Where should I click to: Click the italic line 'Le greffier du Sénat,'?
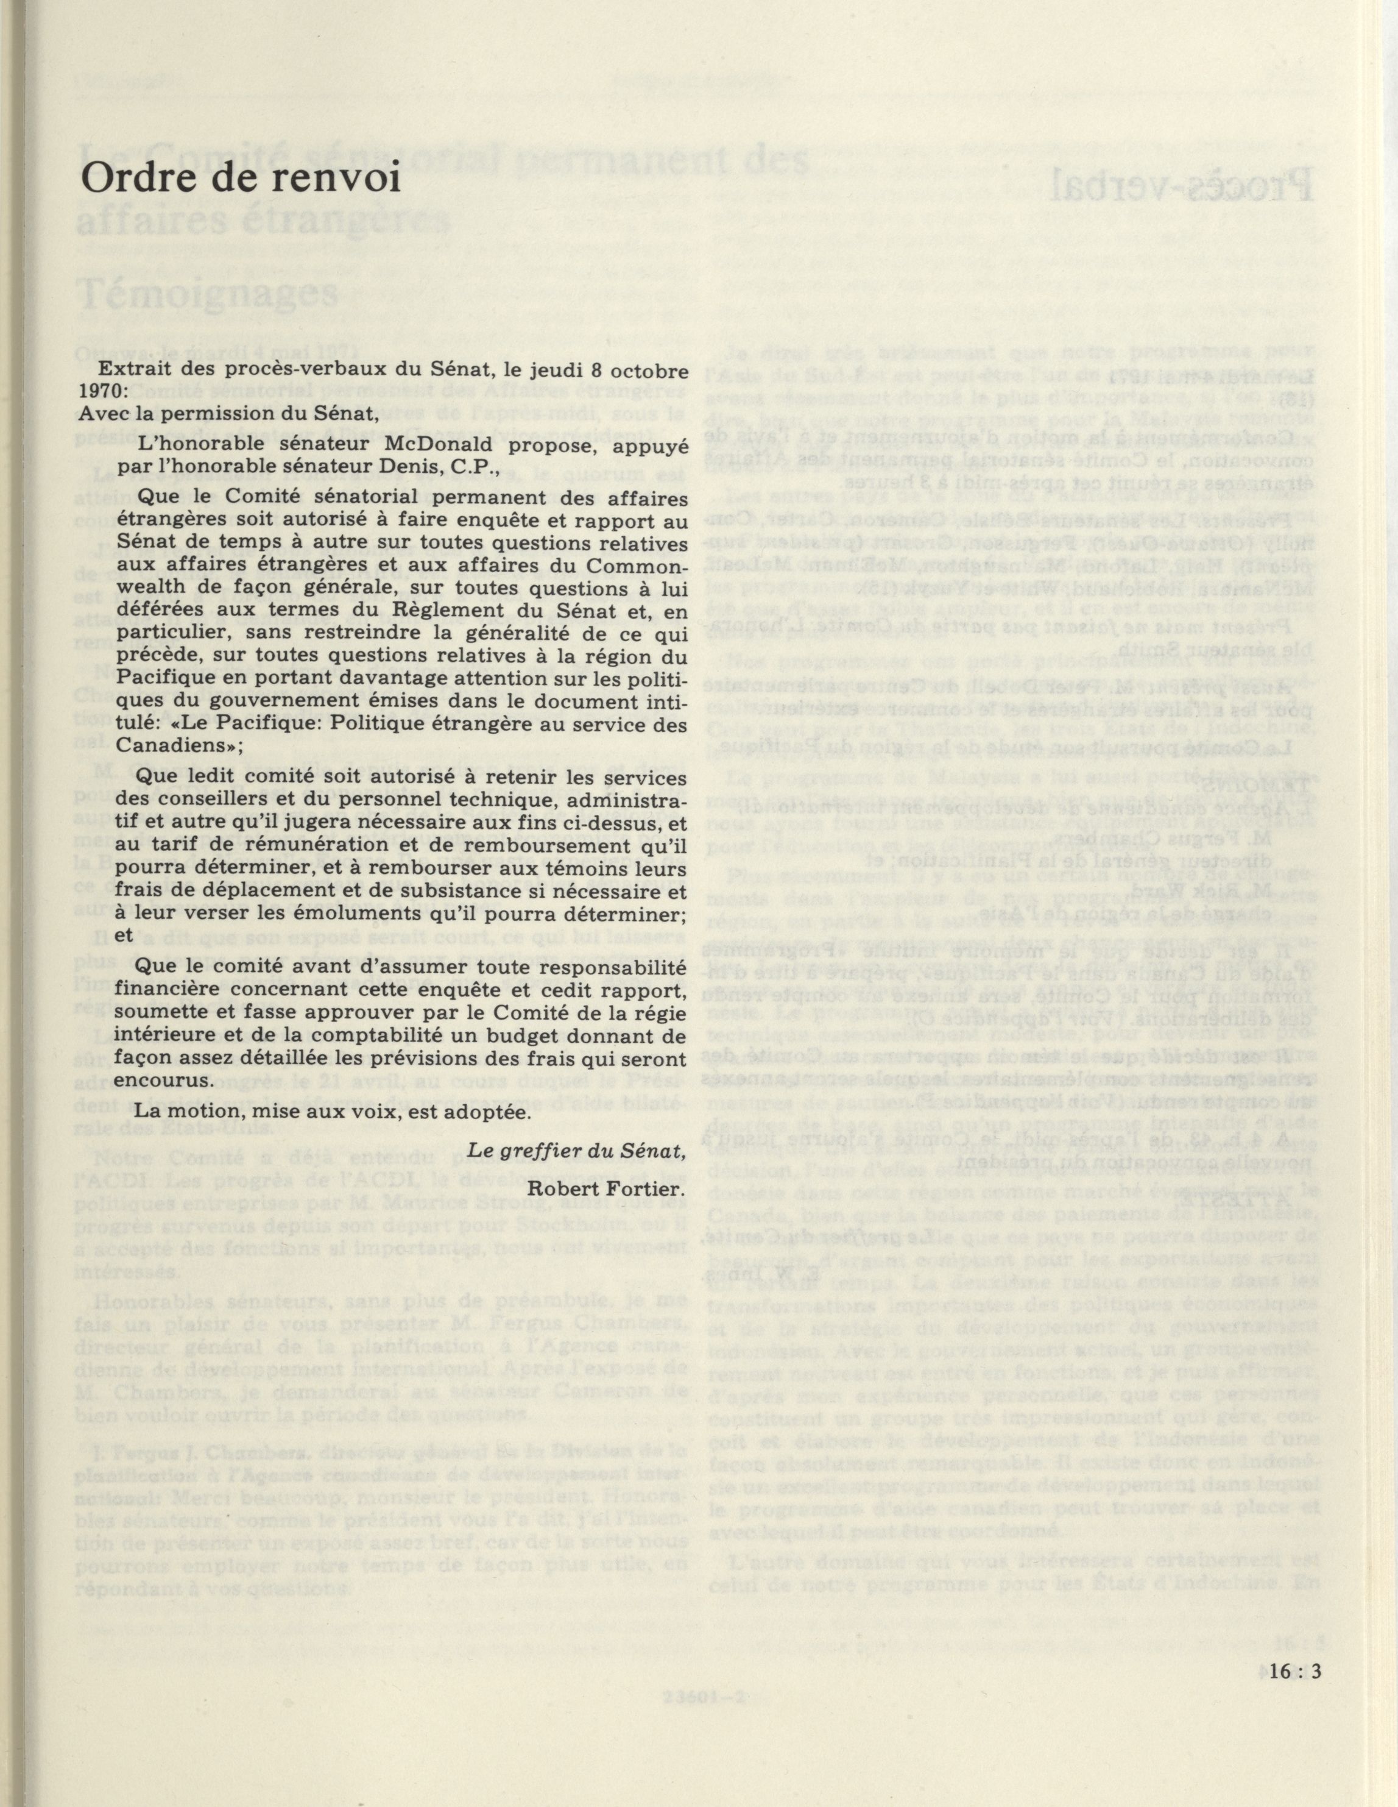pyautogui.click(x=577, y=1150)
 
